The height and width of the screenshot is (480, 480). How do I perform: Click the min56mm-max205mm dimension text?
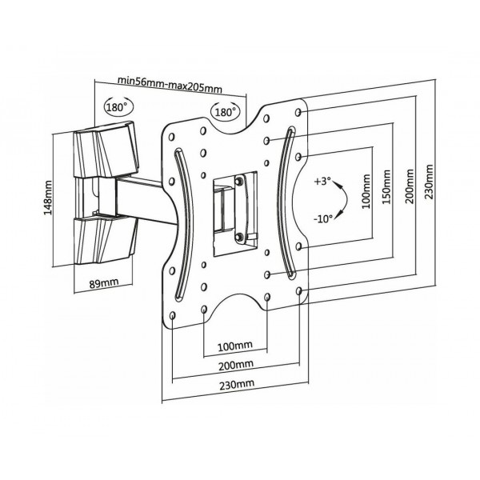pyautogui.click(x=169, y=80)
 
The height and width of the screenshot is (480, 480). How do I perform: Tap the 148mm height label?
pyautogui.click(x=50, y=198)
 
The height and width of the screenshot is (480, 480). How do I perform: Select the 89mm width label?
pyautogui.click(x=102, y=282)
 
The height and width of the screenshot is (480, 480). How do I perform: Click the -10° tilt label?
pyautogui.click(x=323, y=218)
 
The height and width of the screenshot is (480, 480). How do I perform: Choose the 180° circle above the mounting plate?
pyautogui.click(x=225, y=112)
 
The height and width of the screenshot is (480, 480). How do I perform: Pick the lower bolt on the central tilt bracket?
pyautogui.click(x=238, y=235)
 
